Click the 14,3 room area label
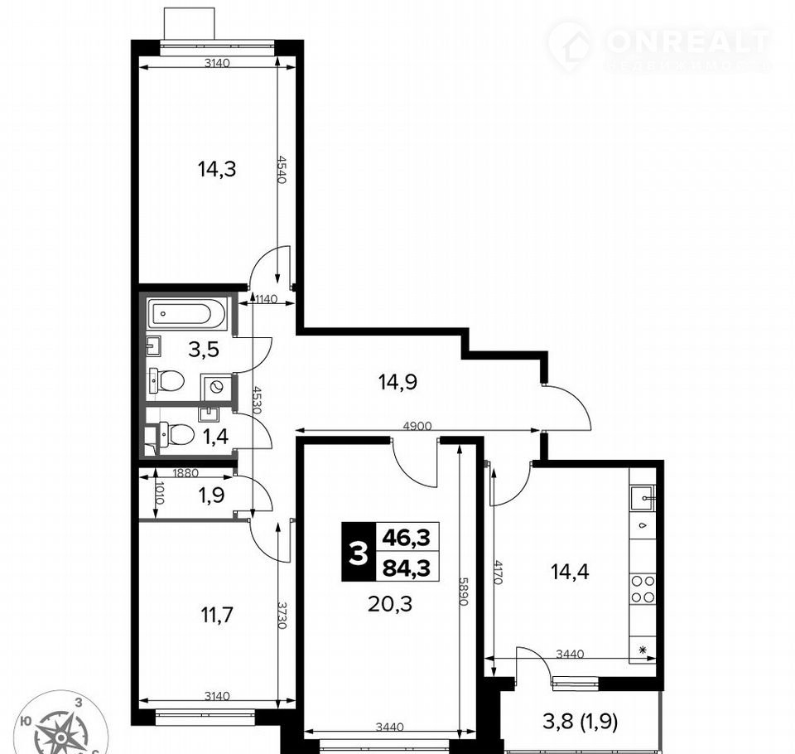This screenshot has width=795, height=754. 217,169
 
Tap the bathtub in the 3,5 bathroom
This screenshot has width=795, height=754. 187,313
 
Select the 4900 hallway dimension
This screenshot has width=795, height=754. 417,426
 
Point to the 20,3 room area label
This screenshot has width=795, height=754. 390,604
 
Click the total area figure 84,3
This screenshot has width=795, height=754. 407,568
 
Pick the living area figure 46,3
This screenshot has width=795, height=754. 407,537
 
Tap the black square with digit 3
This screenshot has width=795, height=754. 359,552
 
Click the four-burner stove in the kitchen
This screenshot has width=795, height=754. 643,588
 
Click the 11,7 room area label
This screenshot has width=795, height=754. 217,616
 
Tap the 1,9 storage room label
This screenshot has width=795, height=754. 211,495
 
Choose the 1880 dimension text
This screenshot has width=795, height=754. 185,473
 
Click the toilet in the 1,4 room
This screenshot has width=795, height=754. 176,434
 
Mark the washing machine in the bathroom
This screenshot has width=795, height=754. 216,387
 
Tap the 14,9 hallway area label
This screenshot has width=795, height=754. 398,382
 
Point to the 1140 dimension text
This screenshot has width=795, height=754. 266,299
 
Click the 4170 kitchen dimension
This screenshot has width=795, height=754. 498,572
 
